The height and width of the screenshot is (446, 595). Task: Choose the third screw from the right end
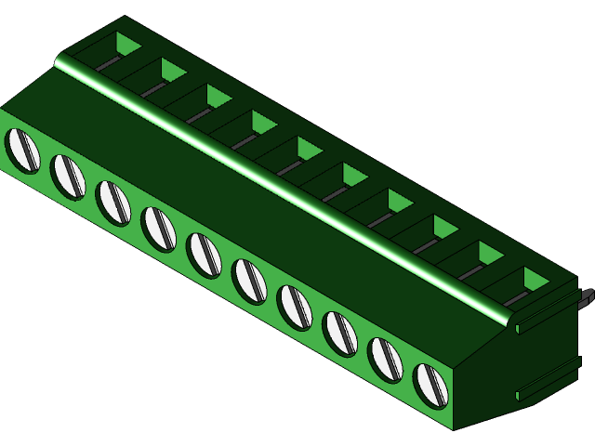coord(340,334)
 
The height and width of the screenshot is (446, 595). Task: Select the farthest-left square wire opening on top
coord(127,44)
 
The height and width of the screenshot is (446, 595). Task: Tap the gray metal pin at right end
coord(586,297)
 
